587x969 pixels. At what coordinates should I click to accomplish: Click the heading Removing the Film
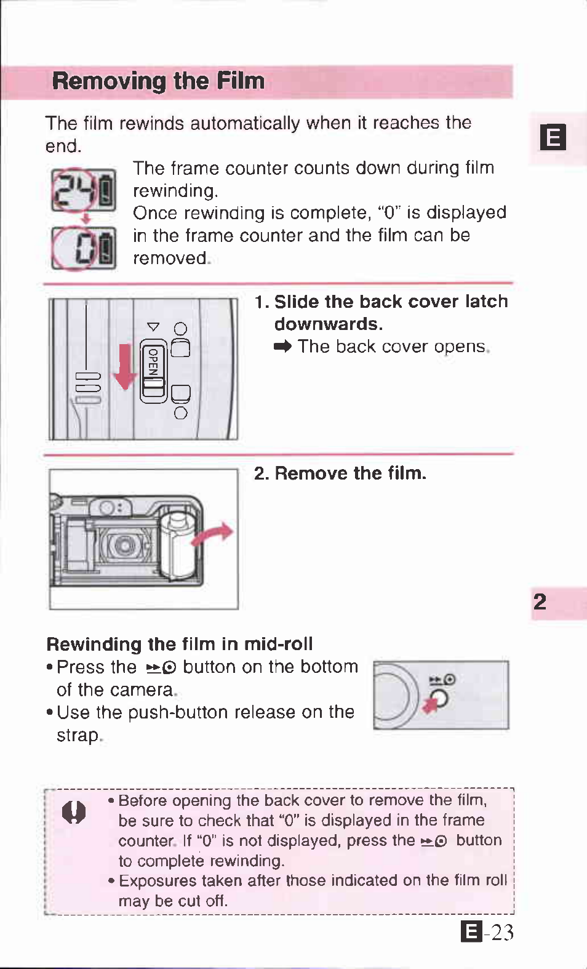tap(158, 81)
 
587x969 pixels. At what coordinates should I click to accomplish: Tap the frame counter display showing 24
tap(84, 190)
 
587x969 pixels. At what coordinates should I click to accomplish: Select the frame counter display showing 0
tap(84, 248)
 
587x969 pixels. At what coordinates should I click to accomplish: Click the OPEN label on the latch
tap(153, 361)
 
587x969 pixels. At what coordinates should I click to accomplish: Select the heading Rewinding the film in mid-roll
tap(180, 644)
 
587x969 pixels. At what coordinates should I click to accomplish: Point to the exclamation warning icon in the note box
tap(74, 812)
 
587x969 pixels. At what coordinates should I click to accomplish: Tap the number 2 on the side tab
tap(540, 602)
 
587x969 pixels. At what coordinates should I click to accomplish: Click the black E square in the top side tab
tap(553, 137)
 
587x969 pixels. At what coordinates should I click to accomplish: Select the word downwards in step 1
tap(329, 324)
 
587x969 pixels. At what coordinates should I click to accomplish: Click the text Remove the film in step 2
tap(351, 473)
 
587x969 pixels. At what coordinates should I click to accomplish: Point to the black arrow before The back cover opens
tap(282, 347)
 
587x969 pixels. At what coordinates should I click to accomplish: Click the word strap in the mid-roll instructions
tap(78, 736)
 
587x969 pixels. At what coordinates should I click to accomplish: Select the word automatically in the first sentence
tap(245, 124)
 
